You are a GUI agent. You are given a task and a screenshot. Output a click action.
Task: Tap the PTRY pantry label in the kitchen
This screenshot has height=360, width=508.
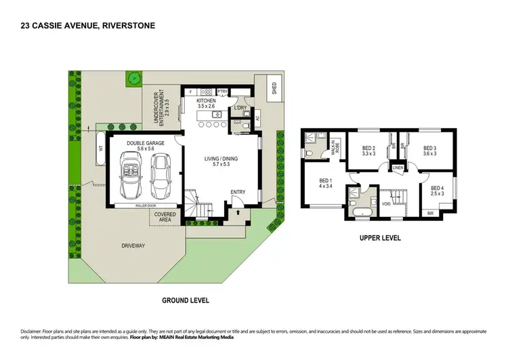(222, 92)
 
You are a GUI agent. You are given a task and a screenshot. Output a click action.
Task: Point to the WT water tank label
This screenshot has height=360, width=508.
(101, 147)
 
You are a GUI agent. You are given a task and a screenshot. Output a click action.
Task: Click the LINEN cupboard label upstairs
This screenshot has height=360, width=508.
(398, 168)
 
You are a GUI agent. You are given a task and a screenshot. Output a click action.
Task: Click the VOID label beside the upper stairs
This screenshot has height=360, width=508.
(386, 203)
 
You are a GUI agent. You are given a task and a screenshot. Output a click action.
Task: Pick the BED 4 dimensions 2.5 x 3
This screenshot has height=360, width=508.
(436, 193)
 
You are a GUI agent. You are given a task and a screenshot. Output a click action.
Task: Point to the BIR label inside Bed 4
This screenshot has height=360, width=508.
(431, 213)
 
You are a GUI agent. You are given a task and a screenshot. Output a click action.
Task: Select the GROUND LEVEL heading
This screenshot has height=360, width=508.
(185, 300)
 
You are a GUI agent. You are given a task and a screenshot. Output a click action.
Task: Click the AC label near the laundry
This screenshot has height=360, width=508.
(257, 118)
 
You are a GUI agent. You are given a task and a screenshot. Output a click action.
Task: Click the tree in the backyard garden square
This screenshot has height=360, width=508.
(135, 78)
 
